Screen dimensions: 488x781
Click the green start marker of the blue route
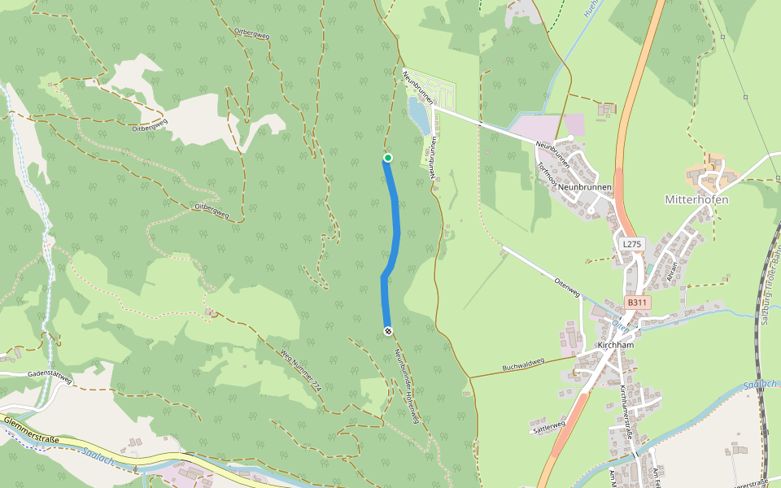(388, 158)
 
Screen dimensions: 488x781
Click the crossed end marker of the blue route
(388, 330)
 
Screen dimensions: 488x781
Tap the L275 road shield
(631, 244)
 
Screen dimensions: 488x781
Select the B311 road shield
(638, 303)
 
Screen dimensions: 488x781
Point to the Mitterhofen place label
(696, 199)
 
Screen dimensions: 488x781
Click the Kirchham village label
(615, 345)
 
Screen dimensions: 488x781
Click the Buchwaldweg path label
(522, 366)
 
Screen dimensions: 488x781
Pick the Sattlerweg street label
(548, 426)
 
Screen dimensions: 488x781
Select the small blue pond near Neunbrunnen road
(417, 115)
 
